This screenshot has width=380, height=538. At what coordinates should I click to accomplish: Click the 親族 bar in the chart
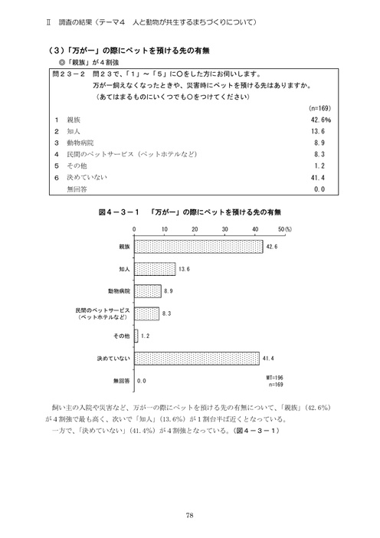(x=198, y=247)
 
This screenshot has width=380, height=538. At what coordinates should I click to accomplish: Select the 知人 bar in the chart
(x=155, y=270)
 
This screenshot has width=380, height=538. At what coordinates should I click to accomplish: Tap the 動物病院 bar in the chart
(x=147, y=291)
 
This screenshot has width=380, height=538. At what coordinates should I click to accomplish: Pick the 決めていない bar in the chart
(x=197, y=358)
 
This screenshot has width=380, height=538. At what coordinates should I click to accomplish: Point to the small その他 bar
(x=136, y=336)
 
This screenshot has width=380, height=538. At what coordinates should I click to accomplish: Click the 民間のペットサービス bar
(x=146, y=313)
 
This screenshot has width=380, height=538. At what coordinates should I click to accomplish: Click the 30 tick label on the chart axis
(x=224, y=229)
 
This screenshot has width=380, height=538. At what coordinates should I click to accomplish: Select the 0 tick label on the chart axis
(x=135, y=229)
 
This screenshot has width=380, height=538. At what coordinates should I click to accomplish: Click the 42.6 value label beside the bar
(x=272, y=247)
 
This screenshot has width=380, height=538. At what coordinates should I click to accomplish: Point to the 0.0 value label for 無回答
(x=142, y=380)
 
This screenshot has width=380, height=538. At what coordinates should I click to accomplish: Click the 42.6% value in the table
(x=320, y=120)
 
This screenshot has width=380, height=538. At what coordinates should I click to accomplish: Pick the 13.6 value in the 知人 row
(x=323, y=131)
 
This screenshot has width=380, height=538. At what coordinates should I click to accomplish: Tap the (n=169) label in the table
(x=319, y=110)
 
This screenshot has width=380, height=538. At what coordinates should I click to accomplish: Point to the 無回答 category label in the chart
(x=121, y=380)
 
